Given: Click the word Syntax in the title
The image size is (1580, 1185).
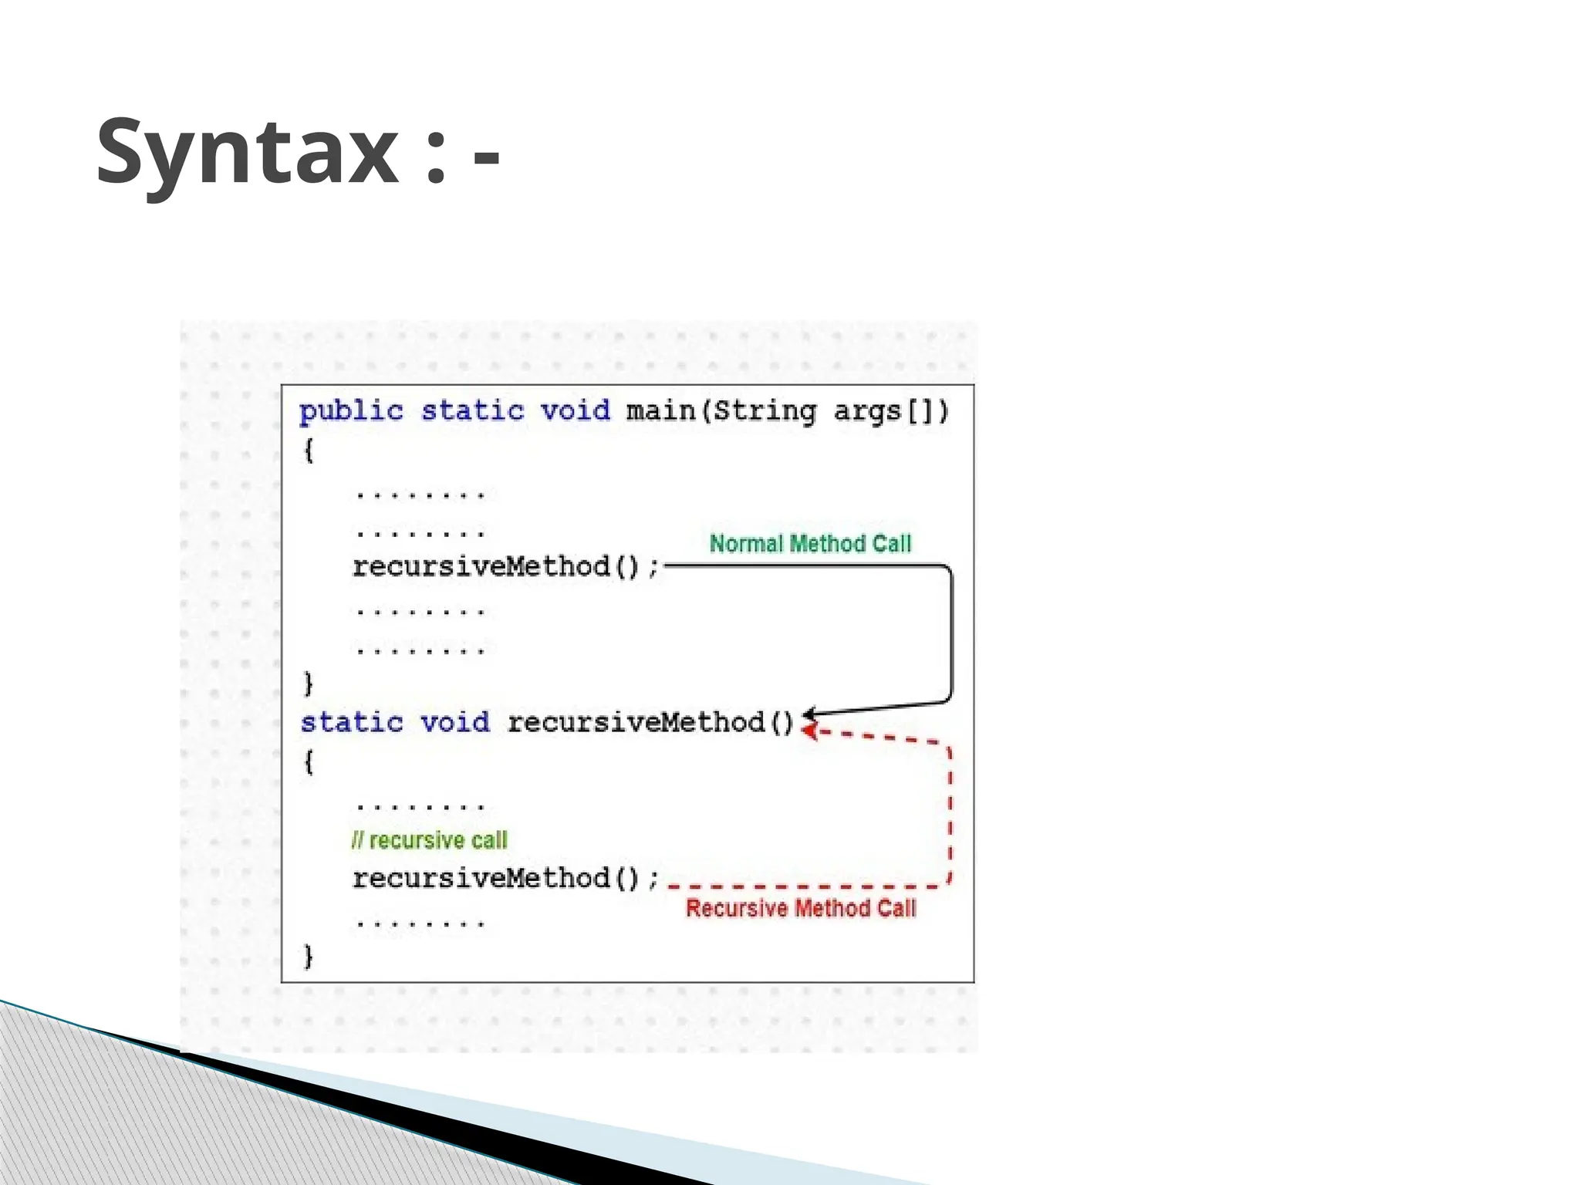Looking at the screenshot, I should click(x=247, y=151).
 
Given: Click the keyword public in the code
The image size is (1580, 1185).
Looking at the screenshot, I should click(x=351, y=410).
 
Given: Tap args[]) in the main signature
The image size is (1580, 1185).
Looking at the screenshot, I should click(x=890, y=410).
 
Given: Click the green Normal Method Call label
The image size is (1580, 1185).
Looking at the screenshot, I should click(x=810, y=543).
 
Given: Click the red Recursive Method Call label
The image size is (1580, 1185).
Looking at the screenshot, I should click(x=801, y=908).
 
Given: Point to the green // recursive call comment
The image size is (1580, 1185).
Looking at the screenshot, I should click(x=430, y=839).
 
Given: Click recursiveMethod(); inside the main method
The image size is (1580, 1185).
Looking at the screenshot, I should click(x=505, y=567).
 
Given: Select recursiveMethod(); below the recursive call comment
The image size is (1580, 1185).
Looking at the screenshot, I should click(x=505, y=879).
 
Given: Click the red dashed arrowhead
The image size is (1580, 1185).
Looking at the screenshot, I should click(x=809, y=730).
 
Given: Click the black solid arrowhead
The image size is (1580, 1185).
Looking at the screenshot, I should click(x=810, y=713).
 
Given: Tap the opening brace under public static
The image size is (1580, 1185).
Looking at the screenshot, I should click(x=309, y=450).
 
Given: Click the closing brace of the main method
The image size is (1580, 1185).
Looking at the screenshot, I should click(x=309, y=684).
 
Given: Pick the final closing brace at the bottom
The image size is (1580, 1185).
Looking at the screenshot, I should click(x=309, y=956).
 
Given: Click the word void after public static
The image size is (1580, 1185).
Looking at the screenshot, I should click(x=575, y=410).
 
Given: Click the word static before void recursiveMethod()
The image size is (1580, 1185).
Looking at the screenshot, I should click(x=352, y=723).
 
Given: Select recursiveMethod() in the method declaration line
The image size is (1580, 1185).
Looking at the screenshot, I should click(x=650, y=723).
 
